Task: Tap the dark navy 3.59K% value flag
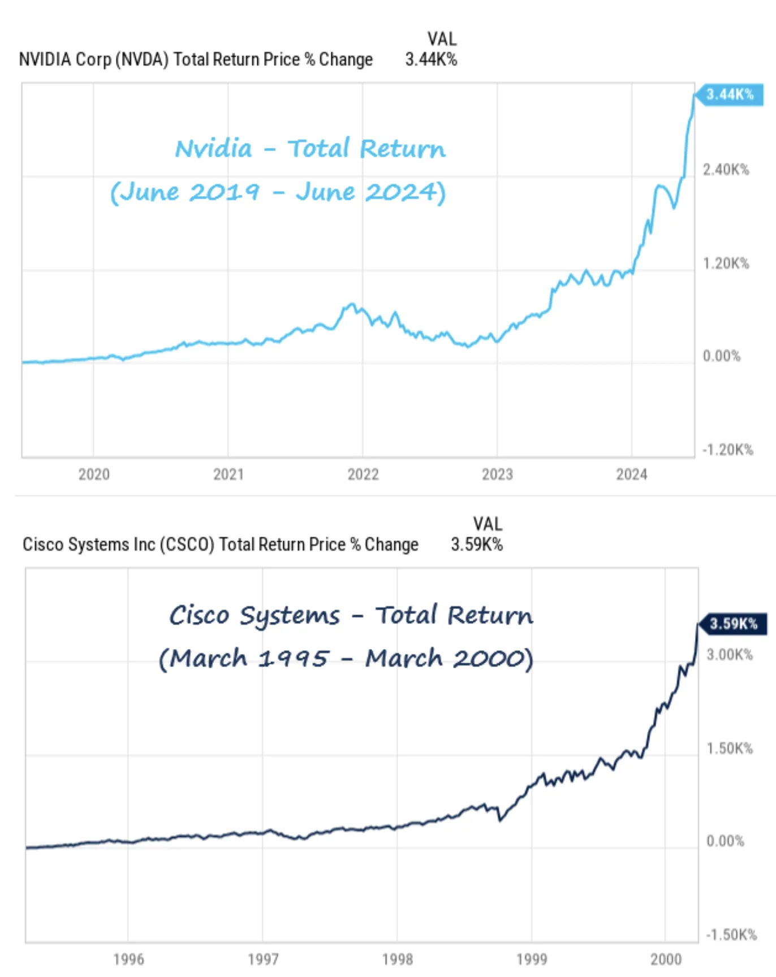tap(733, 624)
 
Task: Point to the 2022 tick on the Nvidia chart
tap(363, 474)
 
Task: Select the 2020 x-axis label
tap(94, 474)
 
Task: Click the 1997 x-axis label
tap(263, 959)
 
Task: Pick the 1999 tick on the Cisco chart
tap(532, 959)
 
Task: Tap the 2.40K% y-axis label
tap(726, 170)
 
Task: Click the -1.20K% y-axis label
tap(728, 450)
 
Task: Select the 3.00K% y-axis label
tap(730, 655)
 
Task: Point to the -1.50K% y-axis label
tap(731, 935)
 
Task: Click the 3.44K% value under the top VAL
tap(431, 59)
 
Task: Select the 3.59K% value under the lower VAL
tap(477, 544)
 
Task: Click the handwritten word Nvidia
tap(213, 149)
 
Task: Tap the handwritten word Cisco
tap(199, 615)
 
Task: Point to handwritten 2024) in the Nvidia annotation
tap(405, 192)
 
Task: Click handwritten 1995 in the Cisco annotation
tap(293, 659)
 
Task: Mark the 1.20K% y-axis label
tap(726, 263)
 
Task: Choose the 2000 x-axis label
tap(666, 959)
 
